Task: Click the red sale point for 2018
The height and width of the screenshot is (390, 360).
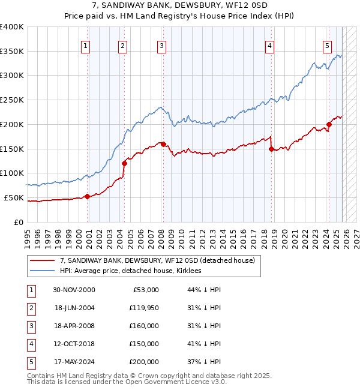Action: click(x=271, y=149)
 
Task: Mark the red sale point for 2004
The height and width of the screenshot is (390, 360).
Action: click(x=124, y=163)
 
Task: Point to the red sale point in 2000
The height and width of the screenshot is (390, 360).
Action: click(x=88, y=196)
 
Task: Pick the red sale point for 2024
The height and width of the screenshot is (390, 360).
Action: click(x=329, y=125)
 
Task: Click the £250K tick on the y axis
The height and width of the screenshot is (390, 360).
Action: click(x=12, y=100)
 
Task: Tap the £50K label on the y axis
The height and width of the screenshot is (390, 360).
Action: click(x=14, y=197)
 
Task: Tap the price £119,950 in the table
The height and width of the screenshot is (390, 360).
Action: click(x=143, y=308)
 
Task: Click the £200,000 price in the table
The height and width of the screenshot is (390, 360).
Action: click(x=143, y=362)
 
